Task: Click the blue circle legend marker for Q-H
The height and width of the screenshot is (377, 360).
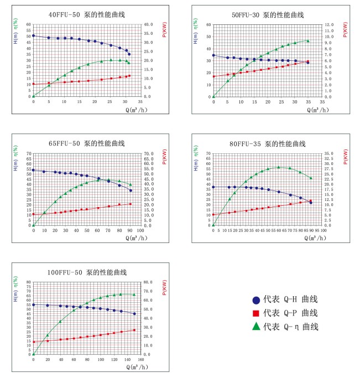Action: (256, 300)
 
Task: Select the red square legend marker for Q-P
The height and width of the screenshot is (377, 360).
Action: (256, 313)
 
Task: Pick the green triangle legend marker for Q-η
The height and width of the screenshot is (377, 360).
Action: (256, 327)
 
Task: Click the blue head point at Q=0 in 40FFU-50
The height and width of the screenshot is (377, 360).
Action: (33, 35)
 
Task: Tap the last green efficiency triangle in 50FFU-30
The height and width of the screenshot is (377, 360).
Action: (308, 41)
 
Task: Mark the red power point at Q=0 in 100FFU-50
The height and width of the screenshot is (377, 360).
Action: (33, 342)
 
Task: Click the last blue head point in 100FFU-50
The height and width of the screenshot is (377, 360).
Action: (134, 313)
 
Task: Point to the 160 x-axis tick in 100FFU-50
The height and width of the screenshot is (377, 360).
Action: (140, 359)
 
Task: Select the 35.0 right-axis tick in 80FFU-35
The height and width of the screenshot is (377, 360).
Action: (328, 153)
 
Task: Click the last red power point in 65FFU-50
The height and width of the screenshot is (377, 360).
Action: (131, 204)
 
